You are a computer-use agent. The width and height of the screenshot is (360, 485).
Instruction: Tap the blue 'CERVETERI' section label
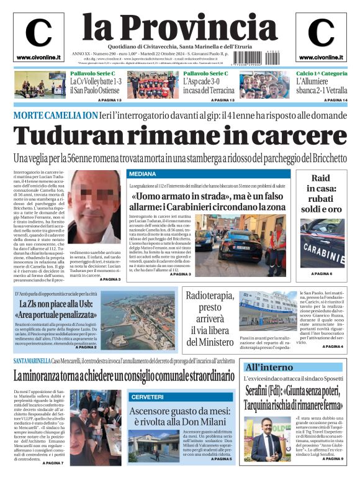pyautogui.click(x=148, y=396)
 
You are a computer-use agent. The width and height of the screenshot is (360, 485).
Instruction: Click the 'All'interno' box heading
pyautogui.click(x=269, y=367)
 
